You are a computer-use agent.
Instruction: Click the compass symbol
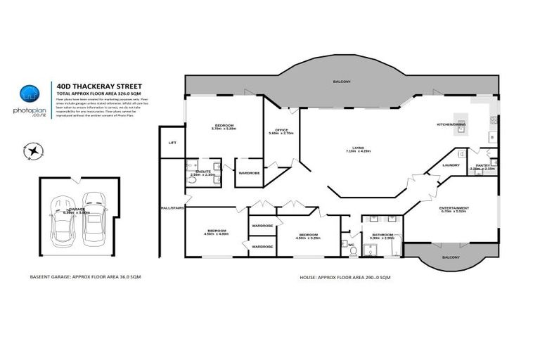32,149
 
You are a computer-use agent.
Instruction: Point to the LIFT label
172,143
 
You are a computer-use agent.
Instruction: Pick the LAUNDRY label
451,165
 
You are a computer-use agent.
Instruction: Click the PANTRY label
483,165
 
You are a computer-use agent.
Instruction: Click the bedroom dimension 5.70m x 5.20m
224,129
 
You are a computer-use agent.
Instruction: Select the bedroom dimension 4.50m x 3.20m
309,238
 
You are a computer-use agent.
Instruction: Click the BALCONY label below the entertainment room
451,257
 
